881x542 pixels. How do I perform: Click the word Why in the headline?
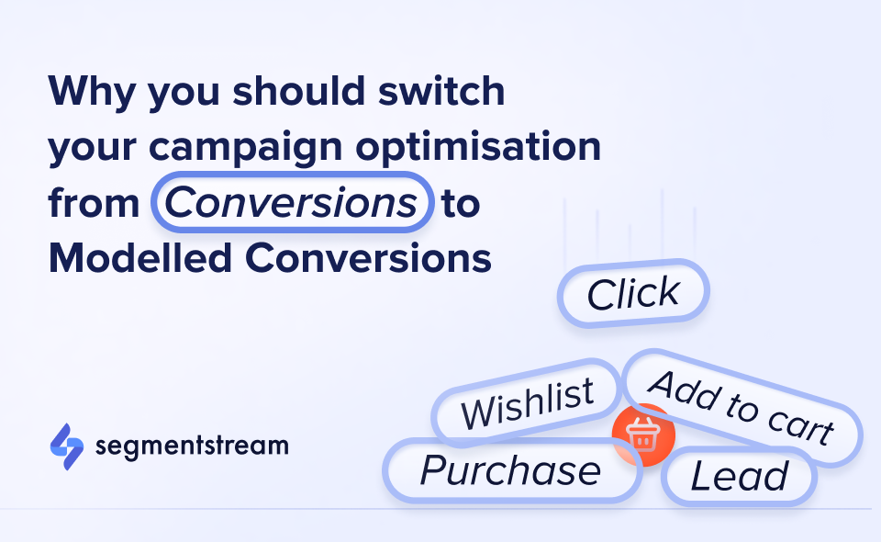(x=92, y=92)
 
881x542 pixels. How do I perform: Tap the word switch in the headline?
(x=441, y=90)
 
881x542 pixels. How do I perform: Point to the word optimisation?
(x=478, y=147)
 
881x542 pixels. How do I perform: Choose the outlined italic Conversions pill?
(x=292, y=202)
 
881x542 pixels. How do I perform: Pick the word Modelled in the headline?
(x=140, y=258)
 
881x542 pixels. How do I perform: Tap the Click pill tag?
(x=634, y=293)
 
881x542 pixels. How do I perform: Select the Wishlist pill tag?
(x=527, y=402)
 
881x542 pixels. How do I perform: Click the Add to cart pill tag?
(x=742, y=407)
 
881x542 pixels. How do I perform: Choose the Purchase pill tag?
(x=511, y=470)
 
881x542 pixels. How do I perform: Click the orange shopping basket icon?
(x=644, y=435)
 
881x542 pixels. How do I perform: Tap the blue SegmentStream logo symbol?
(x=67, y=446)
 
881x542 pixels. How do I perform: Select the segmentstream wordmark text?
(x=192, y=446)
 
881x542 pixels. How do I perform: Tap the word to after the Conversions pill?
(x=461, y=203)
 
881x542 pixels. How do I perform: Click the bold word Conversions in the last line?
(x=369, y=258)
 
